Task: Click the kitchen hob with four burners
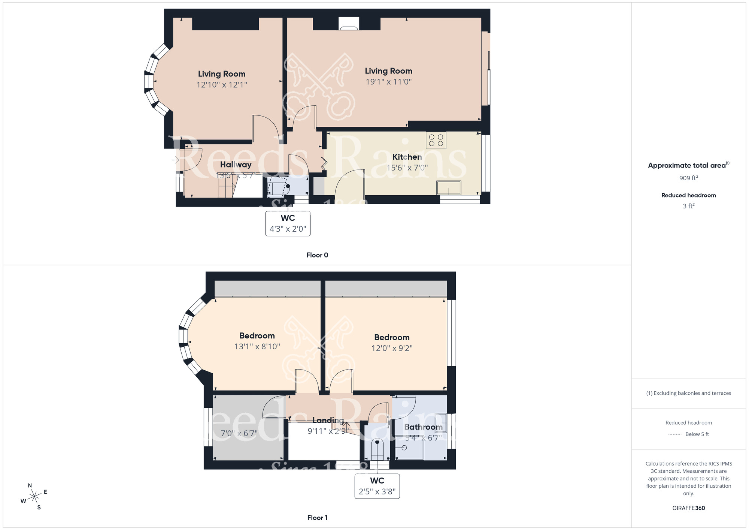[436, 140]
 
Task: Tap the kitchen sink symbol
[449, 188]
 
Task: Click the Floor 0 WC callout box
[288, 223]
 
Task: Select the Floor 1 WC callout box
[377, 486]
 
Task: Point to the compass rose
[34, 497]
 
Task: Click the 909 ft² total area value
[688, 178]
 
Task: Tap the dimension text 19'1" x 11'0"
[388, 82]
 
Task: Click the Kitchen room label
[407, 157]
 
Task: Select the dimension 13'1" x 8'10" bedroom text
[257, 347]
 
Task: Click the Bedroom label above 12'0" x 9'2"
[392, 337]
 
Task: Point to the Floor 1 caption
[317, 518]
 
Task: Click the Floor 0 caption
[317, 255]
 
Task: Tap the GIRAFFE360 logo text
[688, 508]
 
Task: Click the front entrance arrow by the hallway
[176, 160]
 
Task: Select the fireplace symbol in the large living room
[349, 24]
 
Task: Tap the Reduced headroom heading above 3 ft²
[688, 195]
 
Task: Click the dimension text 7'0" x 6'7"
[239, 434]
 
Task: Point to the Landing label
[328, 421]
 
